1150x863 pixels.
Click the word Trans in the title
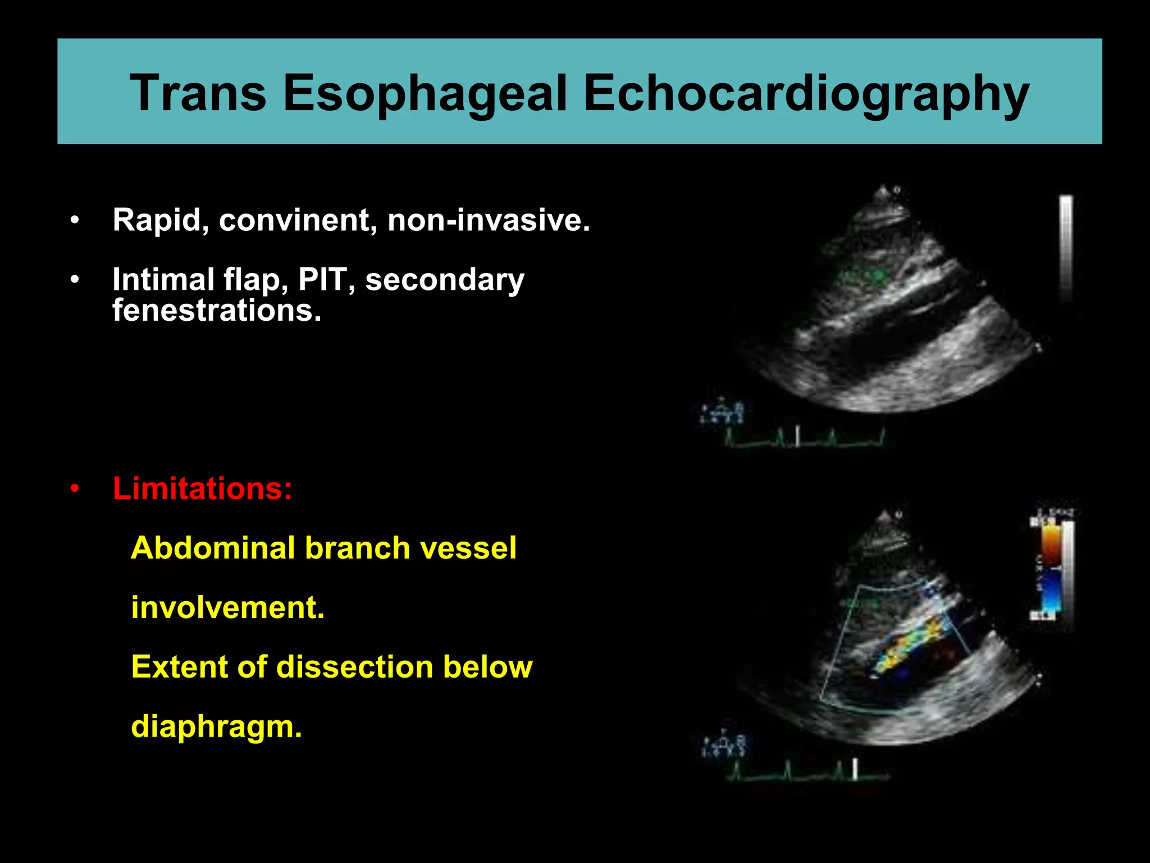tap(198, 93)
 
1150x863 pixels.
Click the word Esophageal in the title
tap(425, 93)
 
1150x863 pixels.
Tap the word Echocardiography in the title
tap(806, 93)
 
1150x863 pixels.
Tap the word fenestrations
tap(217, 310)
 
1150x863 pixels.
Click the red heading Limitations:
tap(202, 488)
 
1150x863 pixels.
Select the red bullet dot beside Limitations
tap(75, 489)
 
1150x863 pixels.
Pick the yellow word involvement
tap(227, 607)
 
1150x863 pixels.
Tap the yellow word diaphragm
tap(216, 726)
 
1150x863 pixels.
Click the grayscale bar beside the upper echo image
tap(1065, 247)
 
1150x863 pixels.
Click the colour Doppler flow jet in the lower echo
tap(910, 643)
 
